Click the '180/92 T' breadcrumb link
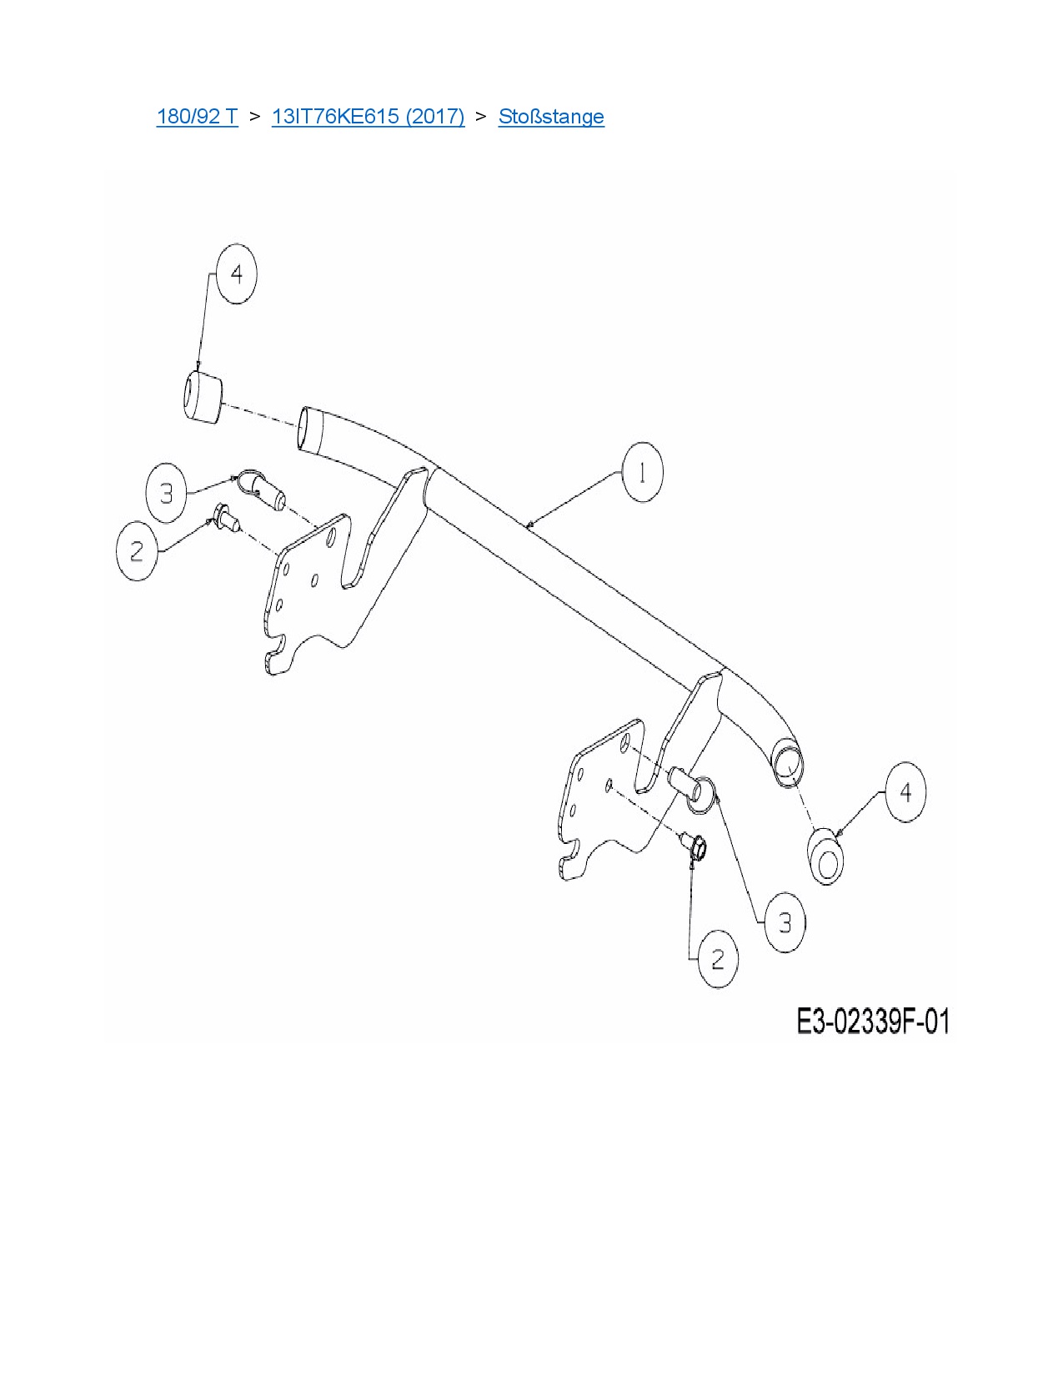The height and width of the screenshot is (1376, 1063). [197, 116]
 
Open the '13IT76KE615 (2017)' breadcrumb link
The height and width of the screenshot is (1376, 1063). [368, 116]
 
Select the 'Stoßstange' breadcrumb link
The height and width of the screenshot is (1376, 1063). [551, 116]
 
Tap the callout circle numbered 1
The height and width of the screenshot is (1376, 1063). [642, 473]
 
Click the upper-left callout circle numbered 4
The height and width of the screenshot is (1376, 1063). [237, 274]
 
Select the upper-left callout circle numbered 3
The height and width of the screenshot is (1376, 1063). [166, 493]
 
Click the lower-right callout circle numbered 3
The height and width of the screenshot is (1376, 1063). [785, 922]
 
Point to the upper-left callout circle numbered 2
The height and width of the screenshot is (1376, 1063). [137, 550]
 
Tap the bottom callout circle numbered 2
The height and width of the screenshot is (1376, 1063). [718, 960]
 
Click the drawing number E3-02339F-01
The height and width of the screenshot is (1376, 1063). [872, 1022]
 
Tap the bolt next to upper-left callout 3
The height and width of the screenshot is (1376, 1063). [263, 491]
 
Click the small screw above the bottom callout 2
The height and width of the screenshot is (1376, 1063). [694, 846]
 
